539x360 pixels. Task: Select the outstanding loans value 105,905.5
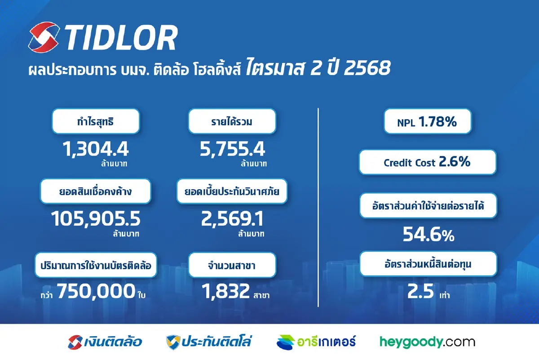(96, 219)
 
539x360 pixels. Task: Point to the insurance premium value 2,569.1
(232, 219)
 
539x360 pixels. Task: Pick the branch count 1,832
(225, 293)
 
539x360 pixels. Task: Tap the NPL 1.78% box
(427, 121)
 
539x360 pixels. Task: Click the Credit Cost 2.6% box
(427, 162)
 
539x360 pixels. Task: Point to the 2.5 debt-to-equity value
(420, 292)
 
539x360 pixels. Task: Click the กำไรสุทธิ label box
(96, 121)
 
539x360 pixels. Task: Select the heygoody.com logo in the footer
(427, 342)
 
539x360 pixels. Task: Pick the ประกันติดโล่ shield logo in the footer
(173, 342)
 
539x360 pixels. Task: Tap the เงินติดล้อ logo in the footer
(105, 342)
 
